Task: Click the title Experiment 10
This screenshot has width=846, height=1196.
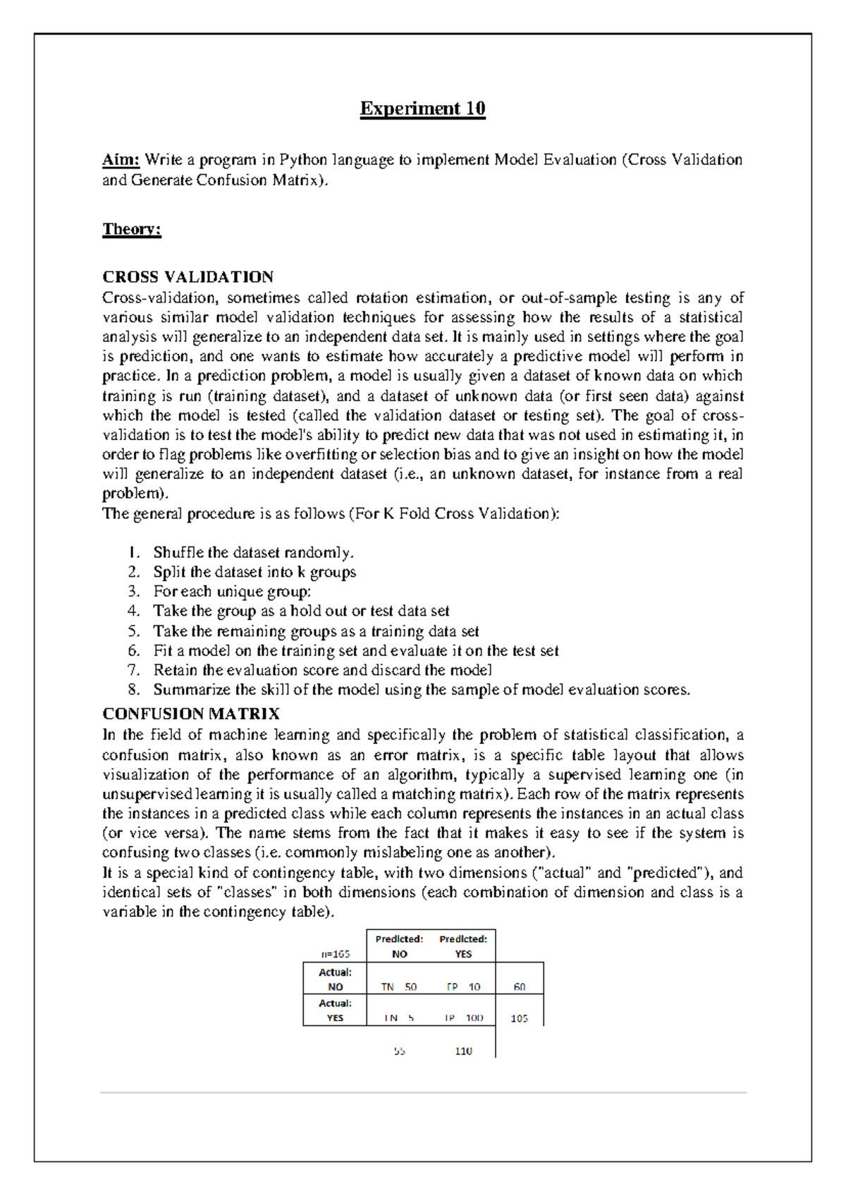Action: coord(422,109)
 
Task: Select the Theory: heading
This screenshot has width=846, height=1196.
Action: coord(132,229)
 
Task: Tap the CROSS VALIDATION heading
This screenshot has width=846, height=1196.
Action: coord(188,277)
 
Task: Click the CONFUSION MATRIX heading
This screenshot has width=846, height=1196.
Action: coord(190,714)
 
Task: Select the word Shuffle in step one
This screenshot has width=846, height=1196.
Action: coord(178,552)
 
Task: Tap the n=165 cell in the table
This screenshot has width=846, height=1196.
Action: coord(336,954)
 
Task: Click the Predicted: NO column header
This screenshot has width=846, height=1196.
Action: coord(399,946)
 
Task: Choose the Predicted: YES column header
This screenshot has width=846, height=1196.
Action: coord(463,946)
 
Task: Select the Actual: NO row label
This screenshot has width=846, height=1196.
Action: coord(335,980)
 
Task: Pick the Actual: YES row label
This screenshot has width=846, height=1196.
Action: coord(335,1011)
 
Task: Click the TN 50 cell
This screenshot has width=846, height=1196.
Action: coord(399,987)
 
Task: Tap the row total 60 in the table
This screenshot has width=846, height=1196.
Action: coord(520,987)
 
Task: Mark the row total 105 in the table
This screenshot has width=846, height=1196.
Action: coord(520,1018)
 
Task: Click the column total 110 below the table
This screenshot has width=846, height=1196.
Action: coord(463,1051)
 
